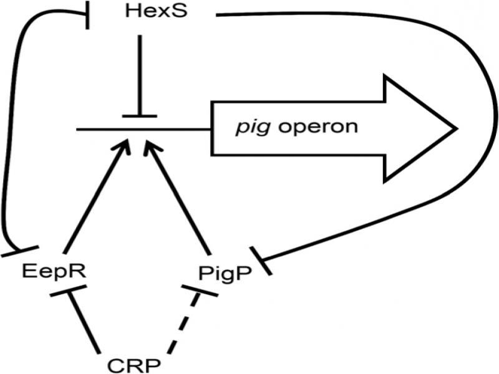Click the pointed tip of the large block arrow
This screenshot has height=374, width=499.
(x=457, y=128)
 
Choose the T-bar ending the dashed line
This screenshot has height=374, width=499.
(x=200, y=291)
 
